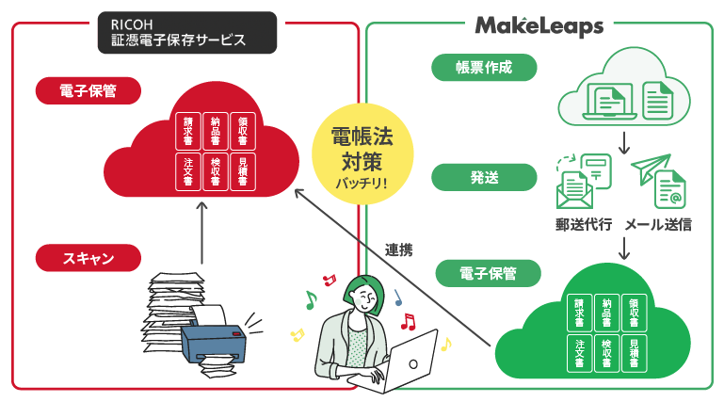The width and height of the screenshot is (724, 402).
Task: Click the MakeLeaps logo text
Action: tap(539, 25)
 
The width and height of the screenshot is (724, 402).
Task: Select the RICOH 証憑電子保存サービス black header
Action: tap(186, 32)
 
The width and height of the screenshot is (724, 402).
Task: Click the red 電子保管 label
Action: tap(88, 90)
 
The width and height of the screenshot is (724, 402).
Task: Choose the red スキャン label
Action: tap(88, 256)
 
